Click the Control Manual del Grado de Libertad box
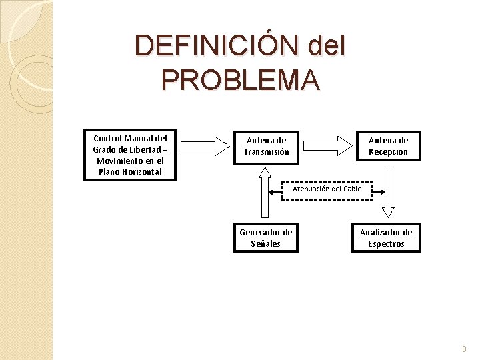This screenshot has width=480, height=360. (130, 155)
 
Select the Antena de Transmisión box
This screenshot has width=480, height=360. (267, 147)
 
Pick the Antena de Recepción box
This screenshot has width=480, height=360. (388, 147)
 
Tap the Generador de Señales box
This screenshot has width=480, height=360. (266, 238)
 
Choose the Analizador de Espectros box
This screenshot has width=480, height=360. (387, 238)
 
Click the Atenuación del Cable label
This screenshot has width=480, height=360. (327, 189)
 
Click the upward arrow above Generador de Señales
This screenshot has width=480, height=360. (266, 193)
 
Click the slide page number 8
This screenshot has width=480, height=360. (465, 349)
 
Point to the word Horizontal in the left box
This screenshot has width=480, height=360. (141, 171)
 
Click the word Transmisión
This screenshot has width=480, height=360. (267, 152)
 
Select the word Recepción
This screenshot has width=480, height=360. (388, 152)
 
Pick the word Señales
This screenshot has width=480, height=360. (266, 244)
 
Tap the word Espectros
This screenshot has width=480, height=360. (387, 244)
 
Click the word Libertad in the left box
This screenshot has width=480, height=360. (141, 149)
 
